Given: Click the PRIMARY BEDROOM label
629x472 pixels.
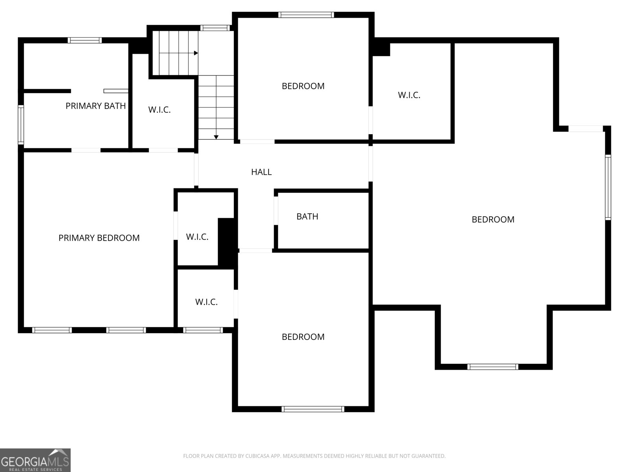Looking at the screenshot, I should (99, 238).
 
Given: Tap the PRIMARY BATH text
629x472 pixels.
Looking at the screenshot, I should (96, 106).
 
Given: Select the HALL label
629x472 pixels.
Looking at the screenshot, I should (261, 172).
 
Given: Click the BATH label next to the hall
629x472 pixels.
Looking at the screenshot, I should (307, 216).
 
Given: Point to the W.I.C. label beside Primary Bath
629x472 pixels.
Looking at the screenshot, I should (159, 110).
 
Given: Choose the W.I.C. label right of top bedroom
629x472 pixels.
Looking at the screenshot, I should (409, 95).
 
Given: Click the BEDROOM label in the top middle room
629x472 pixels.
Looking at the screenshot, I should (303, 86).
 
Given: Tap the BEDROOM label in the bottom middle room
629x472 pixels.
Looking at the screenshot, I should (303, 337).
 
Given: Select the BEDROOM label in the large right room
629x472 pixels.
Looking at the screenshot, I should (493, 219).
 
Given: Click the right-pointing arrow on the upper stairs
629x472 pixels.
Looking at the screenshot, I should (195, 53).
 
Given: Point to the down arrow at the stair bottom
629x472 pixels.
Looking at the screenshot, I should (216, 137).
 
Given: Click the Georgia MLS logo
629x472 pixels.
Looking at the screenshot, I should (35, 460).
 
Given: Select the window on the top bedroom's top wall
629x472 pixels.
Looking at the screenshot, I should (306, 15).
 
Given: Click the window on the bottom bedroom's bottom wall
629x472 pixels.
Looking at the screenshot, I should (313, 409).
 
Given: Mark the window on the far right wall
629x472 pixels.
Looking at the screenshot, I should (608, 187).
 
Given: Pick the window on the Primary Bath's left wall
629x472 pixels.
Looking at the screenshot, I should (21, 125).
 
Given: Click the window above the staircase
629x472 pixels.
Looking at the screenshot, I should (215, 28).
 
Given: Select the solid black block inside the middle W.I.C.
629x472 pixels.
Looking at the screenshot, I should (226, 242).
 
